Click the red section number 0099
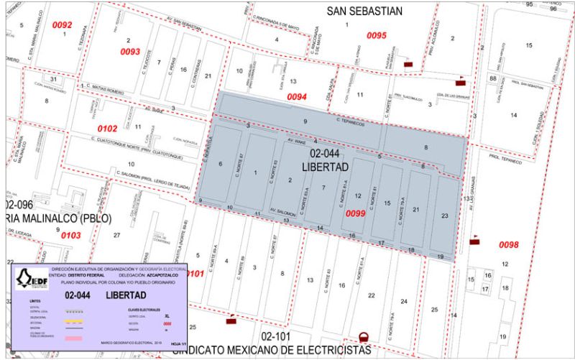pyautogui.click(x=356, y=213)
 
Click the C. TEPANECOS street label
pyautogui.click(x=350, y=124)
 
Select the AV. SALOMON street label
pyautogui.click(x=282, y=213)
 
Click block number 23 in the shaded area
pyautogui.click(x=445, y=216)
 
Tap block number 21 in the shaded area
pyautogui.click(x=416, y=209)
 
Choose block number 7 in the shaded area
pyautogui.click(x=313, y=187)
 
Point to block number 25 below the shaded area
pyautogui.click(x=434, y=309)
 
